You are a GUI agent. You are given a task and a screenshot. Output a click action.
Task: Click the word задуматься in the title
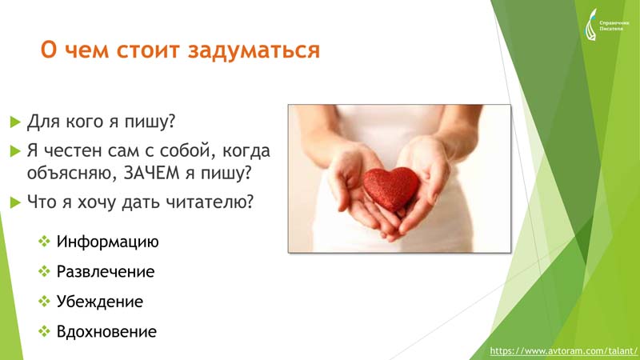coord(254,51)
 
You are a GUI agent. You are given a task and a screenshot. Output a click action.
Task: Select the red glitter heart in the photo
coord(391,189)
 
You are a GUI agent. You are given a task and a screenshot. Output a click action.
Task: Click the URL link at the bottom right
coord(563,351)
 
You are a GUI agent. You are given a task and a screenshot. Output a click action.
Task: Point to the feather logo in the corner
coord(590,25)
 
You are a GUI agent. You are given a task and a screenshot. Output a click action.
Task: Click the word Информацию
coord(107,242)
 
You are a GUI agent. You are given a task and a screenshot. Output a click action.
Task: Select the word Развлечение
coord(106,272)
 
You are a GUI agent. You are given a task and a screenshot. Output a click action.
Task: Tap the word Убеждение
coord(99,302)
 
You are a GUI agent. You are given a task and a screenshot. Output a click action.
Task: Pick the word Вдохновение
coord(106,331)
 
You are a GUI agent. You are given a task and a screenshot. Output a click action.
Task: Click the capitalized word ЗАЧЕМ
coord(151,173)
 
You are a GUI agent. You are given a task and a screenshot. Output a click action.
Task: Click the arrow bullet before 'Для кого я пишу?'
coord(15,122)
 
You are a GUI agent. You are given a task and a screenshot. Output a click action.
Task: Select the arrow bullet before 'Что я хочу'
coord(15,202)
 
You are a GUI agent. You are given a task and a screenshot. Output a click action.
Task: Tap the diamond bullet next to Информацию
coord(44,242)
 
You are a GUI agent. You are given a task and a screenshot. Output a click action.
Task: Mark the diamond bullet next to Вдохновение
coord(44,331)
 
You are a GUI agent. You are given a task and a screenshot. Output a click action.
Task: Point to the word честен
coord(72,151)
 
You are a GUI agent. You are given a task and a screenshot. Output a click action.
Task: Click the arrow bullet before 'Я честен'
coord(15,151)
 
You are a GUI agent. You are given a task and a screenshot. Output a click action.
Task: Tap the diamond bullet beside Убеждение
coord(44,302)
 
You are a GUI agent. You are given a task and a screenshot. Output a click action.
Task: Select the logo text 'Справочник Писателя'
coord(614,26)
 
